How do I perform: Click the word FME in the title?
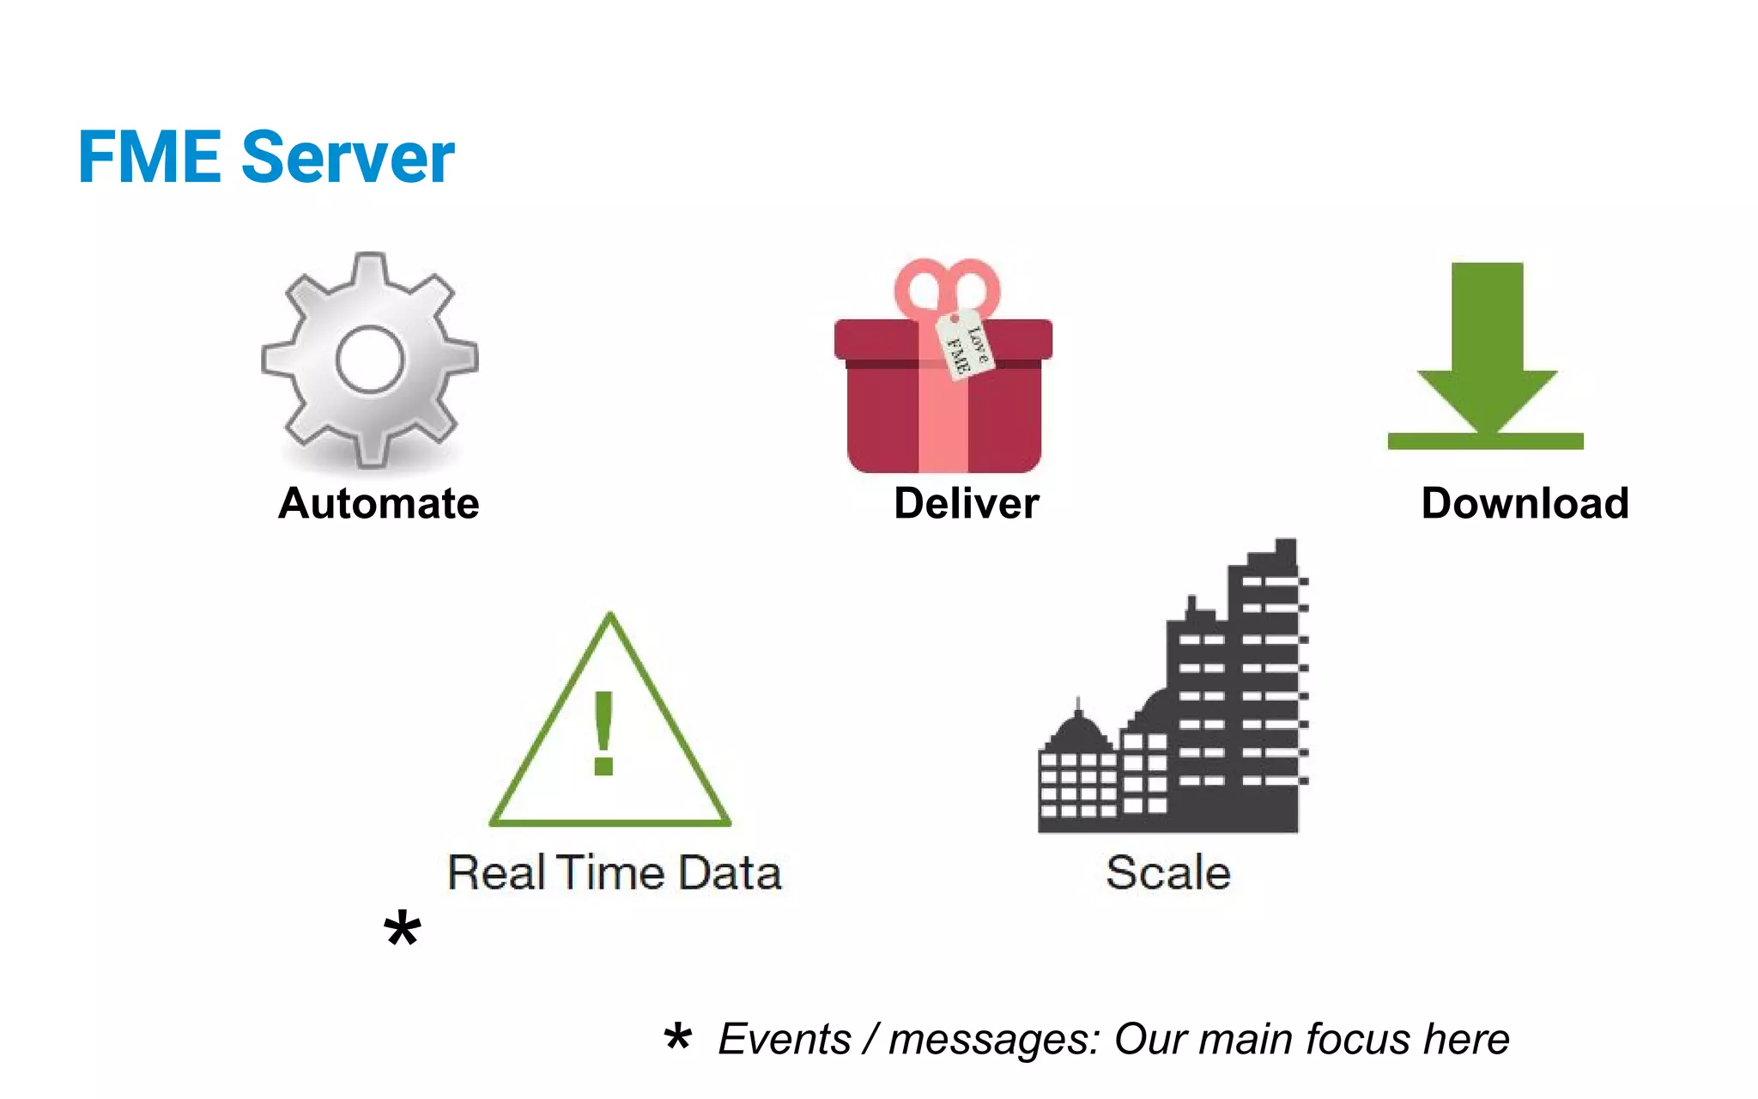[x=149, y=157]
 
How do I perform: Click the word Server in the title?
[x=348, y=157]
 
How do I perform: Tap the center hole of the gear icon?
[x=370, y=360]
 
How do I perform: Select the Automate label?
[x=379, y=503]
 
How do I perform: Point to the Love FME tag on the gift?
[x=966, y=343]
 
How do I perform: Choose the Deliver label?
[x=966, y=503]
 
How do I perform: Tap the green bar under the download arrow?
[x=1485, y=441]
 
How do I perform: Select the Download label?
[x=1525, y=503]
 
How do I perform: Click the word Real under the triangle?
[x=496, y=873]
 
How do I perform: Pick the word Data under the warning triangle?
[x=730, y=873]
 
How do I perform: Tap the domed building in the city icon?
[x=1078, y=738]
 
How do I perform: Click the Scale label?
[x=1168, y=873]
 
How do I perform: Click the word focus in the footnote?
[x=1357, y=1039]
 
